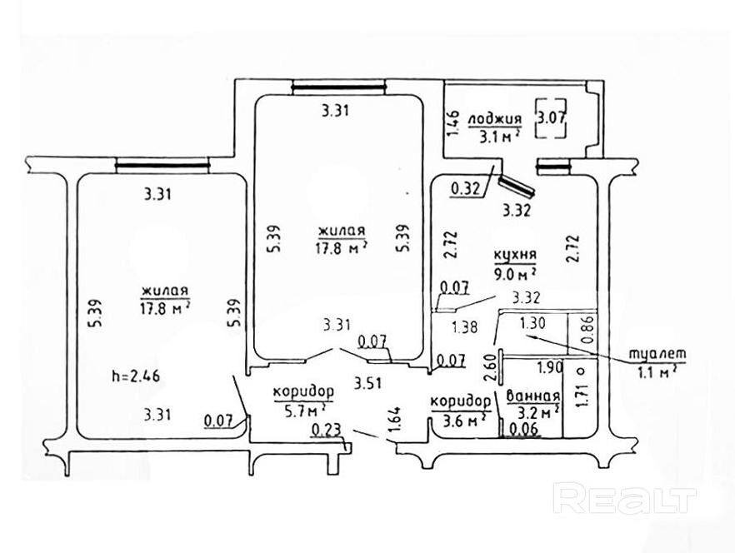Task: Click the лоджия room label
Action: click(495, 119)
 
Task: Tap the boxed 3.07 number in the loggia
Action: click(551, 117)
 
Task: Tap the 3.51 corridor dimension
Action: click(367, 384)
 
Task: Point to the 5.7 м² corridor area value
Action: click(299, 410)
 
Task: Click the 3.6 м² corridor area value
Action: click(457, 420)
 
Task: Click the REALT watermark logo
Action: click(624, 499)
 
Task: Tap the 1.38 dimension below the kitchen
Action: click(463, 327)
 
